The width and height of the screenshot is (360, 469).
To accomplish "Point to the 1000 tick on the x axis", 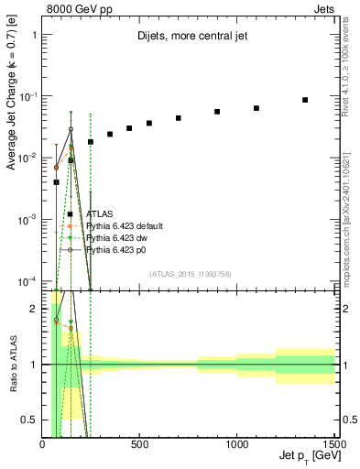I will point(237,444).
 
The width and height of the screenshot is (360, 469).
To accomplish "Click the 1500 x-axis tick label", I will point(334,444).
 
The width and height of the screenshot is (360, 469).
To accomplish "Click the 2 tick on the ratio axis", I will point(35,309).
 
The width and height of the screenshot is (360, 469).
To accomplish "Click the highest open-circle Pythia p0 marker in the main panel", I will point(71,129).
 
